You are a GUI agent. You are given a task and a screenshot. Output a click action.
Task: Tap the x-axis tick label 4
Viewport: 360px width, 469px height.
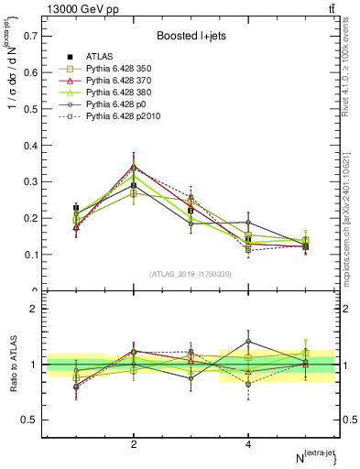pyautogui.click(x=248, y=445)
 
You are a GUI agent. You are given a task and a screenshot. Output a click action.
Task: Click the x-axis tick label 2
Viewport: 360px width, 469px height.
pyautogui.click(x=134, y=445)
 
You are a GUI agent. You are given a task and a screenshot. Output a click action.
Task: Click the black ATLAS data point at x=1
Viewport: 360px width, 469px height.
pyautogui.click(x=76, y=209)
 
